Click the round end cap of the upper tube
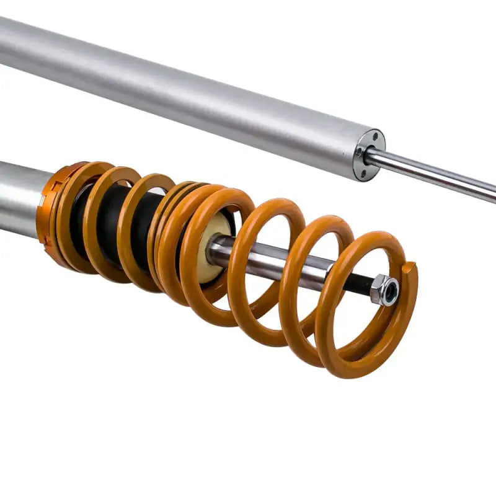click(370, 154)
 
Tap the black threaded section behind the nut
click(358, 284)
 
